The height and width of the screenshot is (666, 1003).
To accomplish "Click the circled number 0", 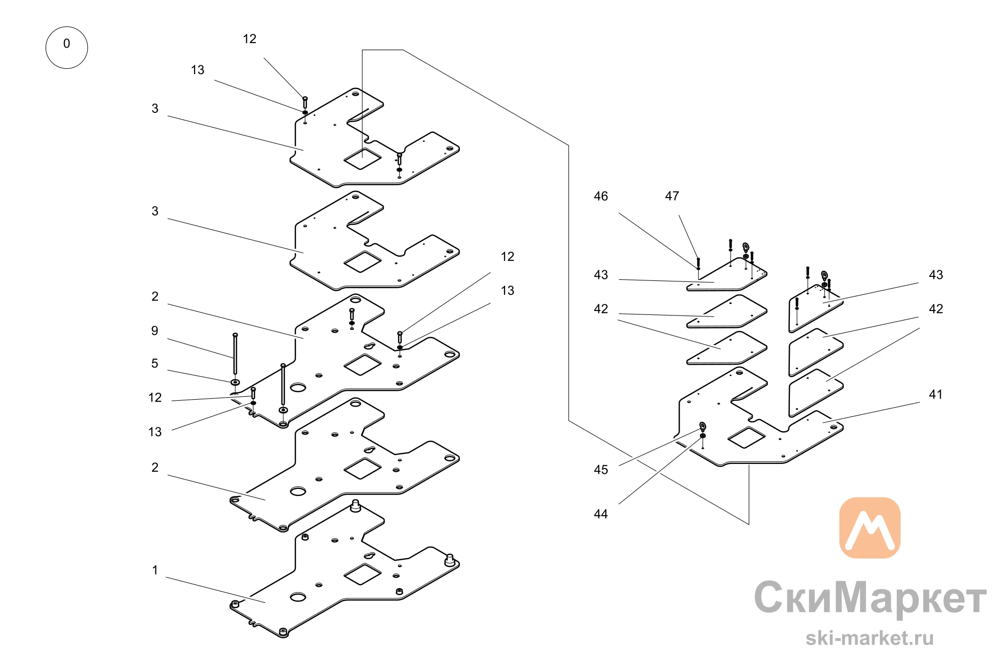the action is pyautogui.click(x=67, y=48).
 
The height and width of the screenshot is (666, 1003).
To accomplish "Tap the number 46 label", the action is pyautogui.click(x=601, y=196).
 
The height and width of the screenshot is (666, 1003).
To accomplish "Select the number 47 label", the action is pyautogui.click(x=672, y=196).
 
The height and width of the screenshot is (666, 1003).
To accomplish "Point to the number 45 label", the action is pyautogui.click(x=601, y=470).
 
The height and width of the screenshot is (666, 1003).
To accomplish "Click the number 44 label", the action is pyautogui.click(x=601, y=514).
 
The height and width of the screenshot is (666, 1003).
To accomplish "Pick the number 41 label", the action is pyautogui.click(x=936, y=395).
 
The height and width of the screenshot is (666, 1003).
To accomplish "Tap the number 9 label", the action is pyautogui.click(x=155, y=331).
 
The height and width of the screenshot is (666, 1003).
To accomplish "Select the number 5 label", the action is pyautogui.click(x=155, y=364).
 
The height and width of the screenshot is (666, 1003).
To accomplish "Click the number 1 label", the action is pyautogui.click(x=155, y=570).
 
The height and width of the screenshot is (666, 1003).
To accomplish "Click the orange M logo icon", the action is pyautogui.click(x=870, y=528).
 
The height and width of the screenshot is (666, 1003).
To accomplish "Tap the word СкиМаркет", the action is pyautogui.click(x=870, y=598).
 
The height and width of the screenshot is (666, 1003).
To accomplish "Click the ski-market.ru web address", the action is pyautogui.click(x=870, y=638).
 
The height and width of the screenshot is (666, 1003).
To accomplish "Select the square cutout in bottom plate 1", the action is pyautogui.click(x=362, y=574).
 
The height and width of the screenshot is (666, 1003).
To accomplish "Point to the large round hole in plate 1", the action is pyautogui.click(x=298, y=597).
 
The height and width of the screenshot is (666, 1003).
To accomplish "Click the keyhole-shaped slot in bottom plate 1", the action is pyautogui.click(x=370, y=555).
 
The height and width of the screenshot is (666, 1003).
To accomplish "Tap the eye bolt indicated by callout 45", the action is pyautogui.click(x=703, y=427).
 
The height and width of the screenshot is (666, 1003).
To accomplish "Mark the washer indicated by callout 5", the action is pyautogui.click(x=235, y=383).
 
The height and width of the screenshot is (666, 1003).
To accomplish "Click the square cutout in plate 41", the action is pyautogui.click(x=746, y=437).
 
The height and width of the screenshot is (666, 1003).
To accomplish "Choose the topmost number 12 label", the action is pyautogui.click(x=250, y=39).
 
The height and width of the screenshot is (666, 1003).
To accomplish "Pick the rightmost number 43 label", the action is pyautogui.click(x=936, y=275).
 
